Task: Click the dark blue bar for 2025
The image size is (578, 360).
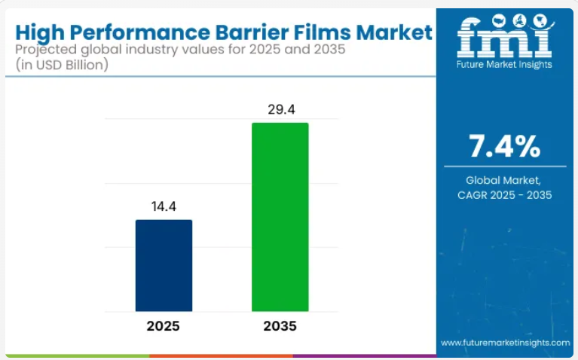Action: pyautogui.click(x=164, y=265)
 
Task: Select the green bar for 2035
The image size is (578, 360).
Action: pyautogui.click(x=280, y=217)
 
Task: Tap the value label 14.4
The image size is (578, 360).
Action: pyautogui.click(x=164, y=205)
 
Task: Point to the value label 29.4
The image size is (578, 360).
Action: pyautogui.click(x=280, y=110)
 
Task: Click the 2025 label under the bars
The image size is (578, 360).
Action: pyautogui.click(x=164, y=326)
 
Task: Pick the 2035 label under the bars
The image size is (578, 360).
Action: pyautogui.click(x=280, y=326)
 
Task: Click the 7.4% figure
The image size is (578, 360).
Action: pyautogui.click(x=504, y=146)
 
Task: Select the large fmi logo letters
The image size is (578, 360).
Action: pyautogui.click(x=504, y=39)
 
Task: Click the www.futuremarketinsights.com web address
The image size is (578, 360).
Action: pyautogui.click(x=505, y=343)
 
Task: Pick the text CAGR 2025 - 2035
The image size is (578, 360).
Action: pyautogui.click(x=505, y=195)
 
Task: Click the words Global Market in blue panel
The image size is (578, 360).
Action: pyautogui.click(x=504, y=180)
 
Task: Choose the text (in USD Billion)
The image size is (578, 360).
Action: pyautogui.click(x=61, y=66)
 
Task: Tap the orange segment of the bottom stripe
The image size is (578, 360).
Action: pyautogui.click(x=219, y=355)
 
